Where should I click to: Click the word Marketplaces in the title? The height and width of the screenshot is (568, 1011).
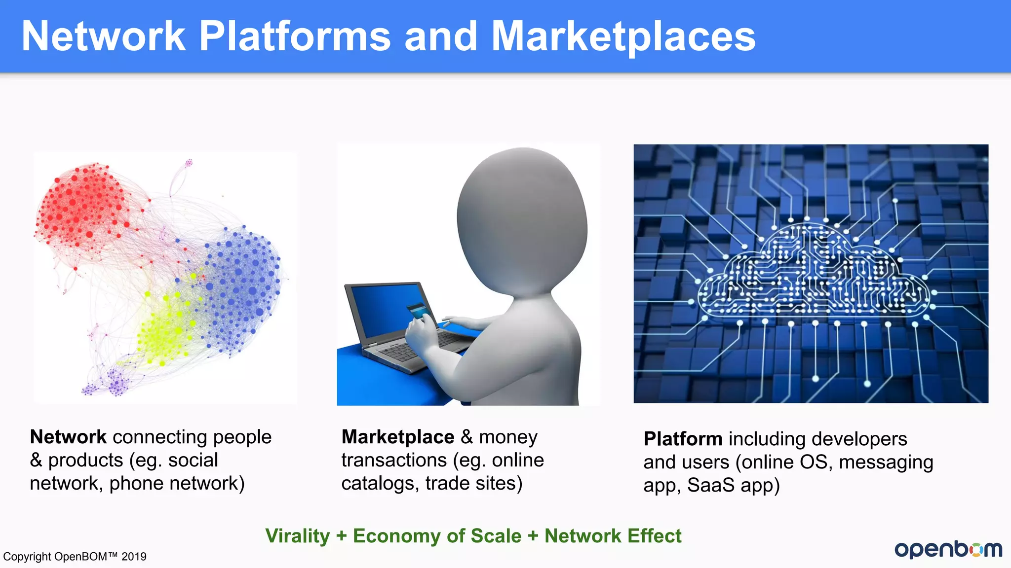[623, 37]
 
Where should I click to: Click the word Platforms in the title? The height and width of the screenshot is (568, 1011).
[295, 37]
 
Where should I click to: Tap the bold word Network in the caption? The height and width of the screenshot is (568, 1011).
[68, 437]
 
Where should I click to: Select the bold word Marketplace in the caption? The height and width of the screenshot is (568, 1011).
[398, 437]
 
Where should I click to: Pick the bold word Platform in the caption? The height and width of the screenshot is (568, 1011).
[683, 439]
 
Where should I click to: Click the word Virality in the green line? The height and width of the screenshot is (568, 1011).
[298, 536]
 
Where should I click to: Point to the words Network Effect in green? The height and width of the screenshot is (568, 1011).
[613, 536]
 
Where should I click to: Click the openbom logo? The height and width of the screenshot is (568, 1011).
[948, 549]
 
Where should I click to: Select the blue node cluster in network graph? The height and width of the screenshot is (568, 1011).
[242, 286]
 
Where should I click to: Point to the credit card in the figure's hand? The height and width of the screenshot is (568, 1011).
[418, 310]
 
